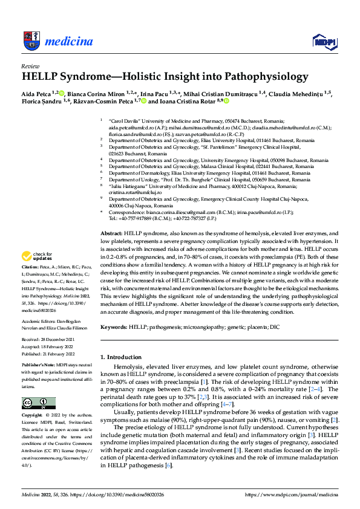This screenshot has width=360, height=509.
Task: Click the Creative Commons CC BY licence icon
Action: [38, 403]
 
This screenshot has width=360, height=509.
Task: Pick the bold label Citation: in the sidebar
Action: [31, 284]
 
